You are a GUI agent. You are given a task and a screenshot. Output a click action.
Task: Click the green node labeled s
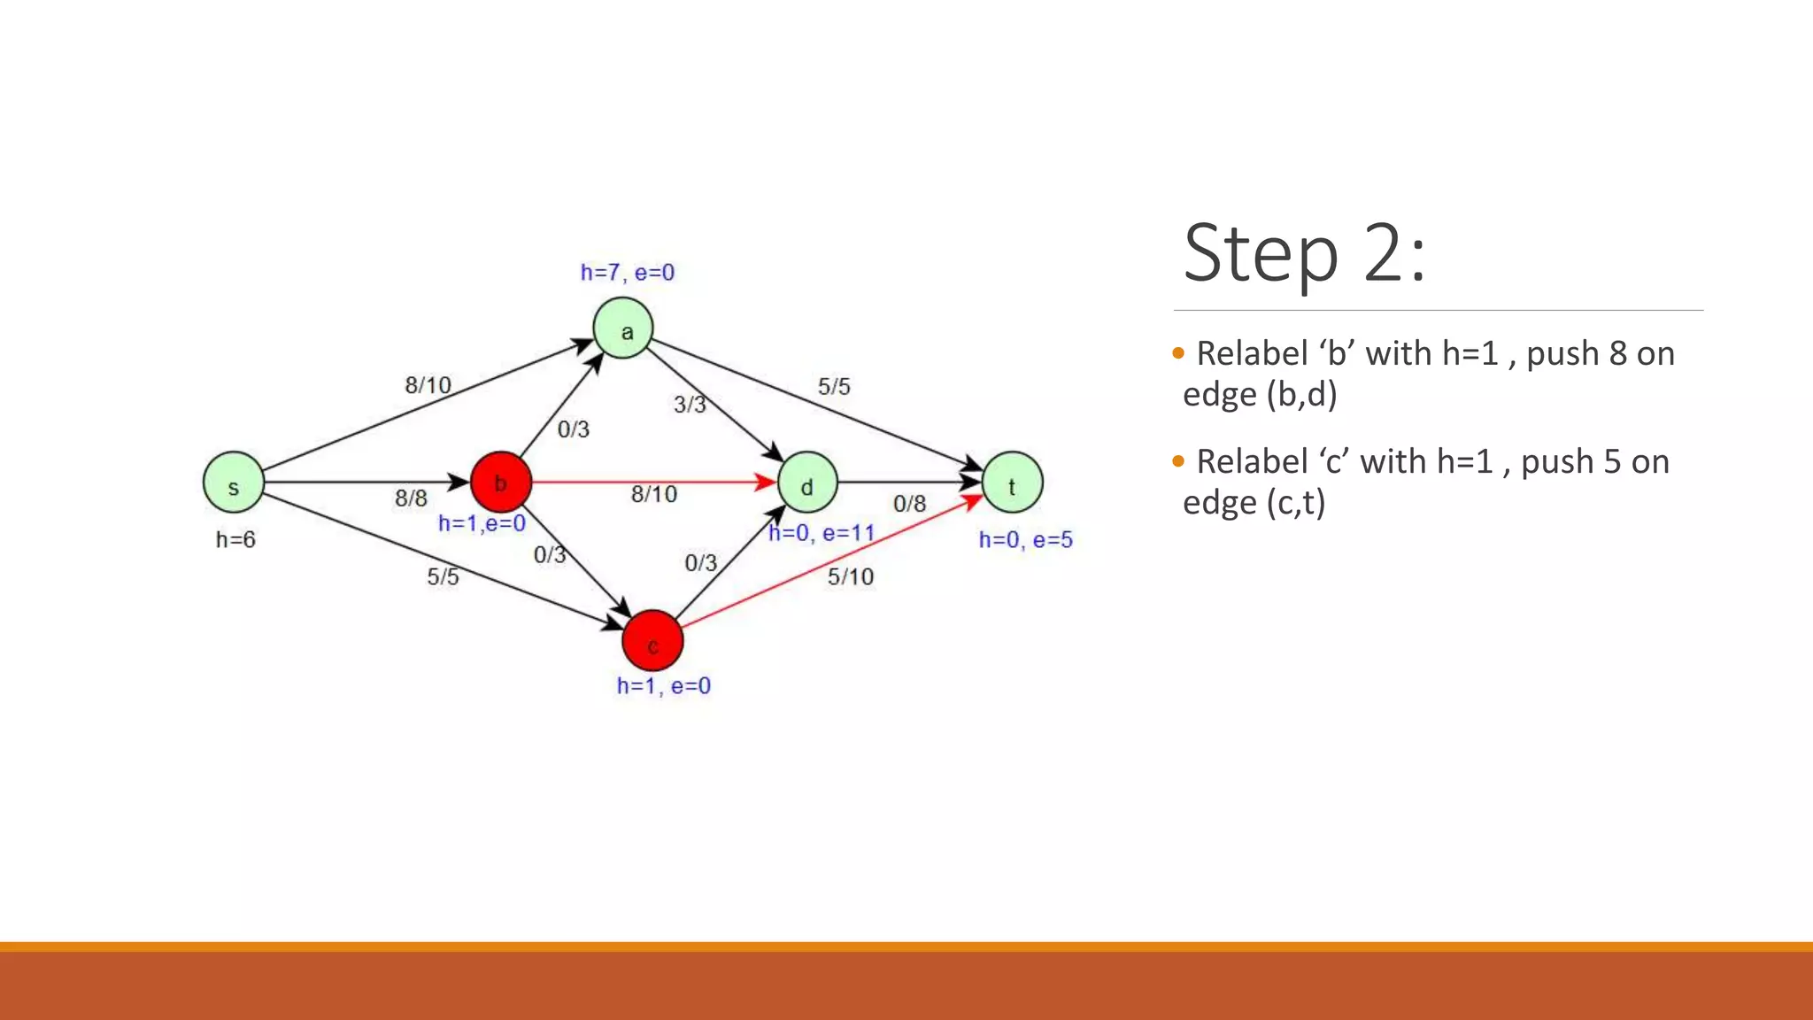(234, 483)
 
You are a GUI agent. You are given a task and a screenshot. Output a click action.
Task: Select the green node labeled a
(623, 328)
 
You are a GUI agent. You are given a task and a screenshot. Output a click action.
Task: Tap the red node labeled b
(501, 483)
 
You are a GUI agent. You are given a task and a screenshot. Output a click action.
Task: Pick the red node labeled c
(652, 640)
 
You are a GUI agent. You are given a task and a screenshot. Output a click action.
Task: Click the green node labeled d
(807, 483)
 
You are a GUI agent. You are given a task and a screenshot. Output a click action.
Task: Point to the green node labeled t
(1013, 483)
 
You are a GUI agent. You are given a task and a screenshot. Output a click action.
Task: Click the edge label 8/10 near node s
(428, 385)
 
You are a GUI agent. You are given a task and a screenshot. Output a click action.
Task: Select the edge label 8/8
(411, 498)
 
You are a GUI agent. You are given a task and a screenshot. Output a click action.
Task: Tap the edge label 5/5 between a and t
(834, 387)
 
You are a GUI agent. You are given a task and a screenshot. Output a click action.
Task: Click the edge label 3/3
(690, 405)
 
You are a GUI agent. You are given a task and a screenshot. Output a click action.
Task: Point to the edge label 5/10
(851, 577)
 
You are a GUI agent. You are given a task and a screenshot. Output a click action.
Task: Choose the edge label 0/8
(909, 504)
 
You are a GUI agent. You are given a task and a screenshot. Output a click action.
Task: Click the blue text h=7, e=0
(627, 273)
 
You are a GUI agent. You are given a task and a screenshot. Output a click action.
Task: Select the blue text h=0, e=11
(822, 533)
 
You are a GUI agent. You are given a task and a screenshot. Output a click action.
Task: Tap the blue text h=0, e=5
(1025, 540)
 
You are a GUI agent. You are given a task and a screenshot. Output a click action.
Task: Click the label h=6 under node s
(235, 540)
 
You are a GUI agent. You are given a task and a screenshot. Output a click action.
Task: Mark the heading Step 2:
(1304, 253)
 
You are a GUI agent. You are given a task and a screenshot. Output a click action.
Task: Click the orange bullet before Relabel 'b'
(1177, 353)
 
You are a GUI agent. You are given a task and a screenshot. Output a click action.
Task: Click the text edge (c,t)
(1254, 503)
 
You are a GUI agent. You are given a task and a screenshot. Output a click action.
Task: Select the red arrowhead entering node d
(765, 483)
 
